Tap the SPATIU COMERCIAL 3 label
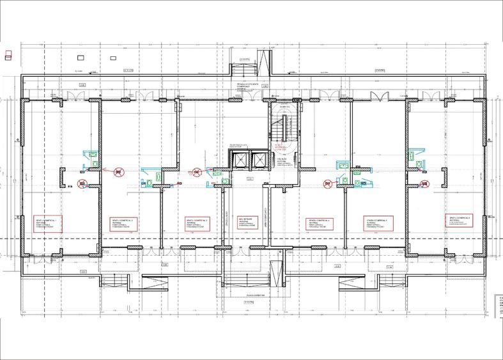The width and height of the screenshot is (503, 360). tap(199, 223)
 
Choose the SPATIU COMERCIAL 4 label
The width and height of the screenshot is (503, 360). tap(320, 223)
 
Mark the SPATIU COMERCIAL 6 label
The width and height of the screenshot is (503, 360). tap(458, 221)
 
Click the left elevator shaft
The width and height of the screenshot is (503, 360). tap(240, 160)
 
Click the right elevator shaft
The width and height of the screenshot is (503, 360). tap(261, 160)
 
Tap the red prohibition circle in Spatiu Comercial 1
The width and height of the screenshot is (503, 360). tap(82, 184)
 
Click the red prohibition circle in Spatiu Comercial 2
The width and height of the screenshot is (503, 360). tap(118, 171)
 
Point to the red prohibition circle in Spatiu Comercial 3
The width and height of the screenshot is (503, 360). tap(197, 171)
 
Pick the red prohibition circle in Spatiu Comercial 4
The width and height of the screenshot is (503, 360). tap(327, 184)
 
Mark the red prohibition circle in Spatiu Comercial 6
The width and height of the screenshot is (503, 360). tap(424, 184)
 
